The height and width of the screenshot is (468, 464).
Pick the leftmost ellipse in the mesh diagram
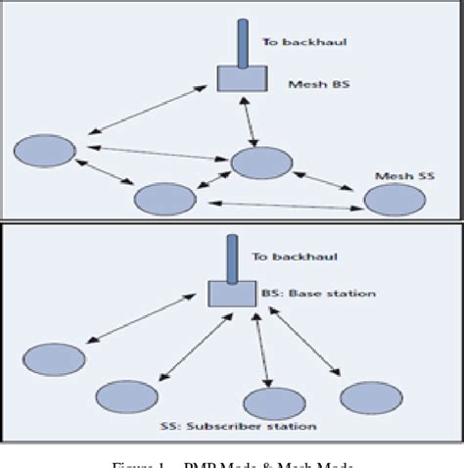[45, 152]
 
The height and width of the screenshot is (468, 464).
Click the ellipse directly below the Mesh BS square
[259, 163]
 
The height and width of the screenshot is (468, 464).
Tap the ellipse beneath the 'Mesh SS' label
[395, 200]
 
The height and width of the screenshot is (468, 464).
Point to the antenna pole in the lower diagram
[233, 257]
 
